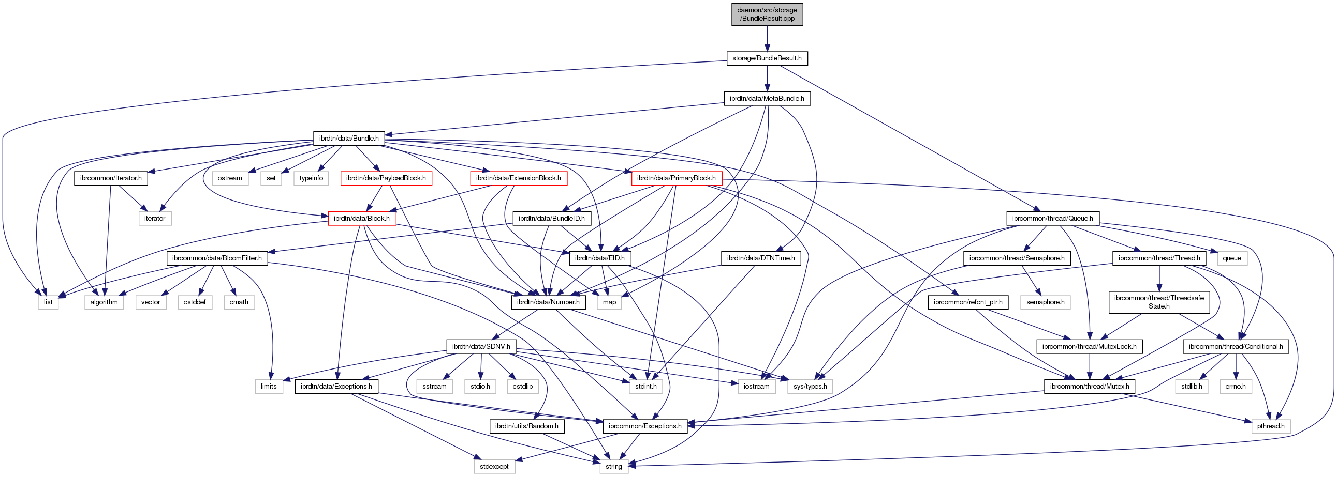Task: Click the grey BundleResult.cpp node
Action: (x=767, y=14)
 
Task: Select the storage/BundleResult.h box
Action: (x=767, y=58)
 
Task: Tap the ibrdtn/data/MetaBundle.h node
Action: (x=767, y=99)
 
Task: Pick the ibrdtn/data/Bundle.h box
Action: (x=349, y=139)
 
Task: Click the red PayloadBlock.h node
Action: (x=386, y=178)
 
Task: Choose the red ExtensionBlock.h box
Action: (x=518, y=178)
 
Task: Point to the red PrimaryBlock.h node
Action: (x=677, y=178)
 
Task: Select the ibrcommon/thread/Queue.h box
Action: (x=1052, y=218)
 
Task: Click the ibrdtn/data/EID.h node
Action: (x=599, y=258)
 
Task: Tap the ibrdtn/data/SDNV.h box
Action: (x=481, y=346)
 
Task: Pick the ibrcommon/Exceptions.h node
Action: (x=644, y=426)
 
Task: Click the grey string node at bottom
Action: (x=613, y=467)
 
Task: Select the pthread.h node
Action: (x=1271, y=426)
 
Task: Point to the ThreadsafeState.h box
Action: (x=1159, y=302)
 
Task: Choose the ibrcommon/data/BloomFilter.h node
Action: (x=217, y=258)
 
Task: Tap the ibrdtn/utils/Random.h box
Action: (x=526, y=426)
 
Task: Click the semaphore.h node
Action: (x=1045, y=302)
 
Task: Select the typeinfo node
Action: (x=311, y=178)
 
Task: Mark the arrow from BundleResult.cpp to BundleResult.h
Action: (x=767, y=39)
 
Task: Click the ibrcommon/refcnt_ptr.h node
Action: (x=967, y=302)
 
